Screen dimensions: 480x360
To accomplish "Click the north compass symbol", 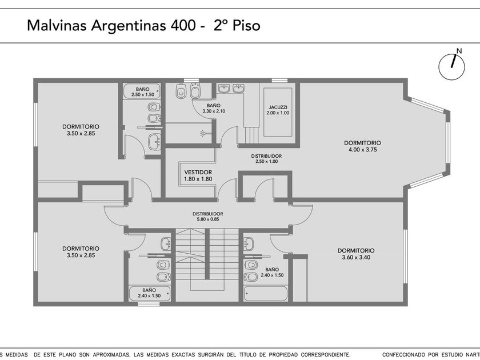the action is [451, 67].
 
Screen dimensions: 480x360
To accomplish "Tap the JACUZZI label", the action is [278, 107].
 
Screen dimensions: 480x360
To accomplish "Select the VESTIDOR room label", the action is [198, 172].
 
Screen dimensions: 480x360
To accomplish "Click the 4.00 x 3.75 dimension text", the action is [362, 150].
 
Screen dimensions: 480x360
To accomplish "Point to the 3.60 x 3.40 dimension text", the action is [356, 258].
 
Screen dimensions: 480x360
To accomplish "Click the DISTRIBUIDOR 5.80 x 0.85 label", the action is [208, 217].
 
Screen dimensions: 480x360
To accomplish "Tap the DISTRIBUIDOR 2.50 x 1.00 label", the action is [266, 159].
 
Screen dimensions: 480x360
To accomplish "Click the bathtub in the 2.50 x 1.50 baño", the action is [142, 91].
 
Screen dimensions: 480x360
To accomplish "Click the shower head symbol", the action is [203, 133].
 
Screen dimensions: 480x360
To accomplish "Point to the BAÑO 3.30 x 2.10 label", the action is [214, 109].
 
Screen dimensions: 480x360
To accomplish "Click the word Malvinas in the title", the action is [57, 25].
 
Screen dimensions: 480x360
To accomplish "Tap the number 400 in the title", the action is [183, 25].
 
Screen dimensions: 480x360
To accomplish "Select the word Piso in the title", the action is [246, 25].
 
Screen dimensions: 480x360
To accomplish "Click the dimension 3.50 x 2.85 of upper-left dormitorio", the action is [81, 134].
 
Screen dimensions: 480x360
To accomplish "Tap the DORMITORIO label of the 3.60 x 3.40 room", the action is [356, 250].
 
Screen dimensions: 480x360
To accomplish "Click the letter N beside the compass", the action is [459, 51].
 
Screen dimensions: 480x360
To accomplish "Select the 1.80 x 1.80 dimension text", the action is [198, 179].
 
